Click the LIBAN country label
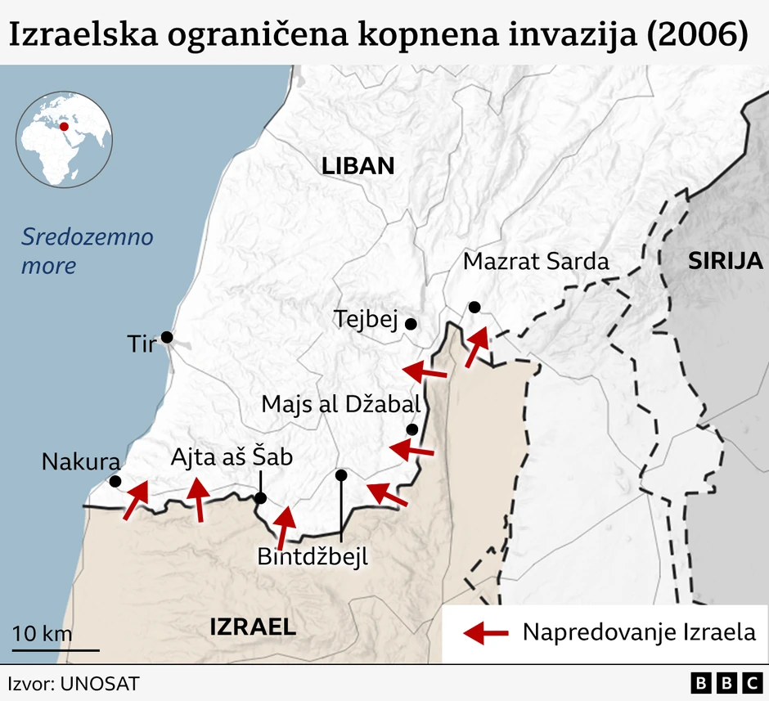358,166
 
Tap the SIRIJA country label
725,261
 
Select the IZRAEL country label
253,627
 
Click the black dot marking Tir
167,337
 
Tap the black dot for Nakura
115,482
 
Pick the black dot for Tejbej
411,324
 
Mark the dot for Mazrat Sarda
474,307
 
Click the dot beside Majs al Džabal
411,429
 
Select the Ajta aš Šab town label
231,458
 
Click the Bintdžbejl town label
313,557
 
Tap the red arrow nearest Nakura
136,500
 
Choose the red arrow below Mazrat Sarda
475,347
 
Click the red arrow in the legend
484,631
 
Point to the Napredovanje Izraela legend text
639,632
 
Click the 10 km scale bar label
43,634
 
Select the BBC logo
725,683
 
